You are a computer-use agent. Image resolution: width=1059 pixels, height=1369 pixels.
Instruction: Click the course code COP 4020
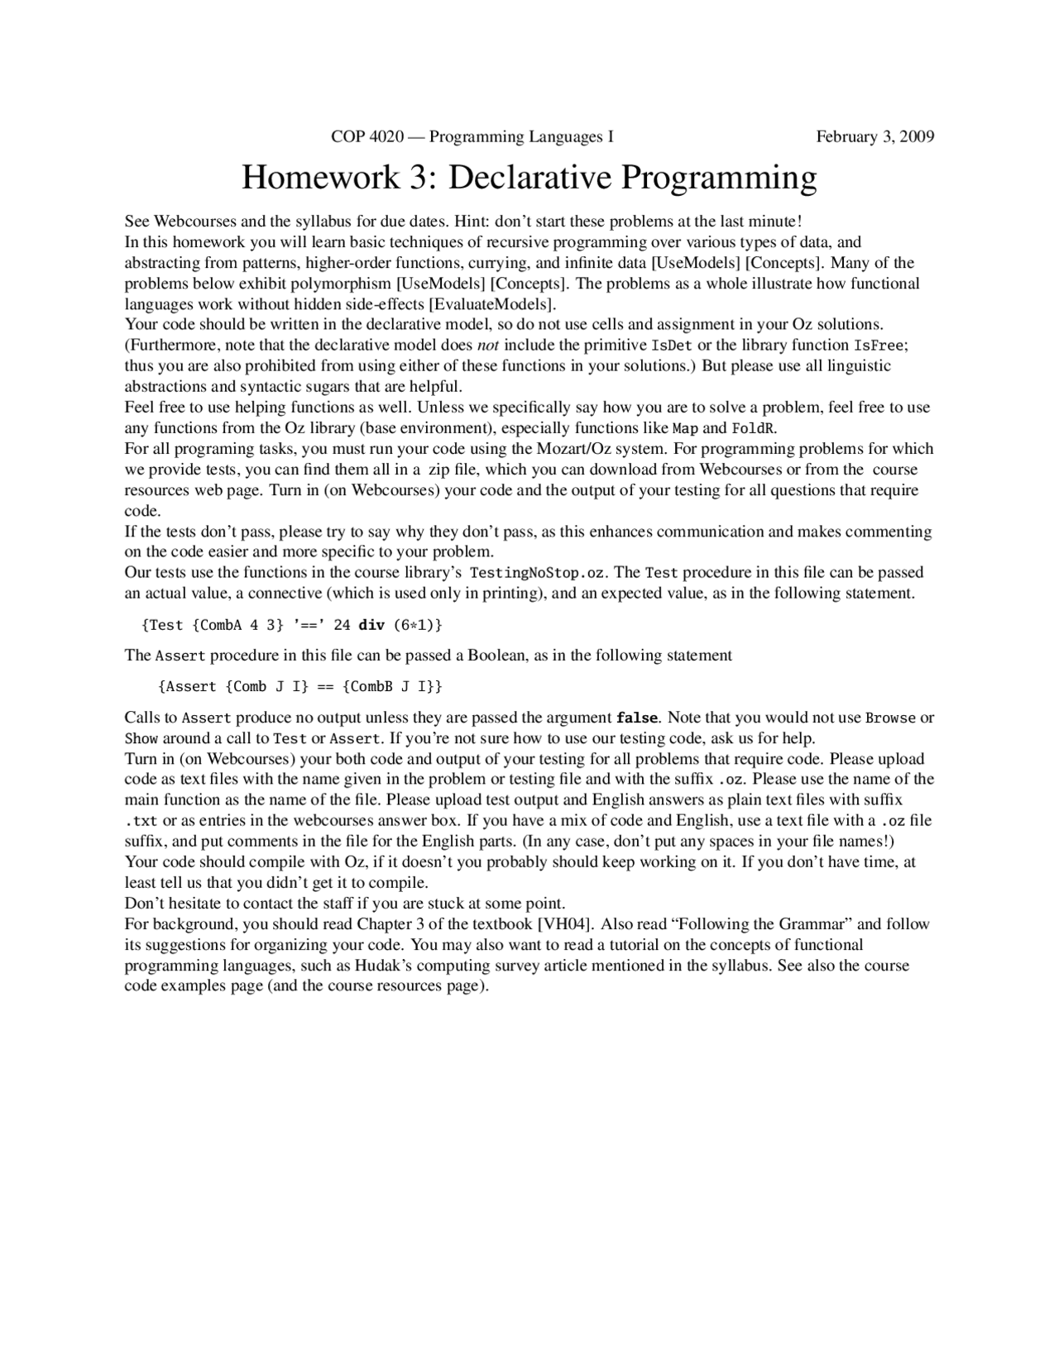point(367,137)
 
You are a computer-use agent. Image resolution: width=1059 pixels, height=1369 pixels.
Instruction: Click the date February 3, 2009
point(875,137)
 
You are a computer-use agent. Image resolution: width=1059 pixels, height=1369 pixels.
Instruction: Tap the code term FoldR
point(754,428)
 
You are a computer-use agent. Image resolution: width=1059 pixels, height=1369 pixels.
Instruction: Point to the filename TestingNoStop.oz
point(536,573)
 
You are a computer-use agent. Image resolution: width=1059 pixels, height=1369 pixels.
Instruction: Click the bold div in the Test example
point(371,625)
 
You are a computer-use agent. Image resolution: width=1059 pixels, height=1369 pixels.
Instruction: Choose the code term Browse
point(890,718)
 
